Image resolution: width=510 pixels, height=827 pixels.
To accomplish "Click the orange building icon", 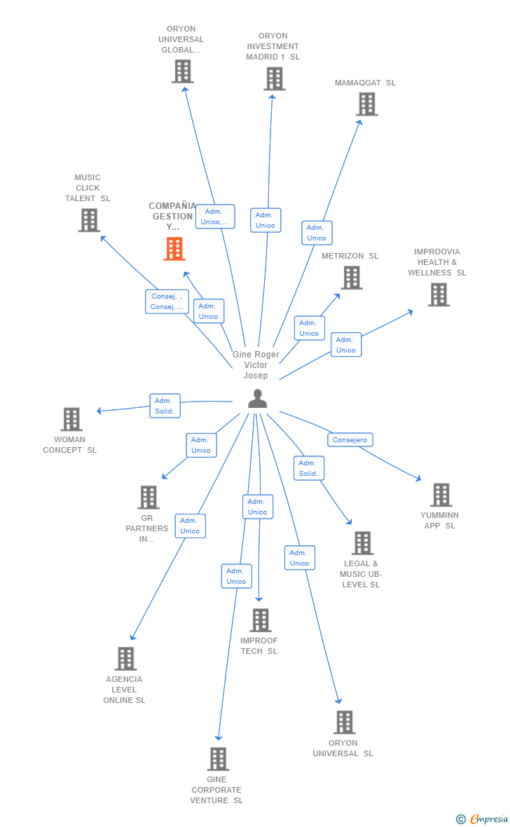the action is coord(174,248).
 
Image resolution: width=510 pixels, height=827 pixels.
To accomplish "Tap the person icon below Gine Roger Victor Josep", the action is coord(257,399).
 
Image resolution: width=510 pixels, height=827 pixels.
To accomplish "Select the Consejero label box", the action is coord(350,440).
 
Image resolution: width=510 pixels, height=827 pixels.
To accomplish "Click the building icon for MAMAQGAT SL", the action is coord(367,104).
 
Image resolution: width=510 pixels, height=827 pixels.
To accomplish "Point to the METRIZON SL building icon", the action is coord(352,278).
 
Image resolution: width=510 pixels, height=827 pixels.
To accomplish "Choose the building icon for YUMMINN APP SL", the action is coord(441,495).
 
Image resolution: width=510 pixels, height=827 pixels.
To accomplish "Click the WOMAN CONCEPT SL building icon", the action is coord(71,419).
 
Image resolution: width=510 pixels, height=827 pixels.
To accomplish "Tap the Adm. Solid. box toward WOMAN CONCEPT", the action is coord(165,406).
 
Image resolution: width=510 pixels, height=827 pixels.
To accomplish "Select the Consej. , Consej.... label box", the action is coord(167,301).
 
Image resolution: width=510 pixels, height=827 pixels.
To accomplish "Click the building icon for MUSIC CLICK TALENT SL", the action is coord(89,220).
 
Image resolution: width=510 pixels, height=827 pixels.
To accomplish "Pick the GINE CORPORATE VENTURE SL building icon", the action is coord(218,759).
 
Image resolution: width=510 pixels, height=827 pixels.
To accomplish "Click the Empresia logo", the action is coord(483,819).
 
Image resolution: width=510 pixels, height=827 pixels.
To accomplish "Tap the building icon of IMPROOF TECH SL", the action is coord(261,620).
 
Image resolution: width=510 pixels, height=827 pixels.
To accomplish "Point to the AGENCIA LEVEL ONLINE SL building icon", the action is coord(126,659).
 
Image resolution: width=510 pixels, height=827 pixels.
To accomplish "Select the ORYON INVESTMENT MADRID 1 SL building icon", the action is coord(274,78).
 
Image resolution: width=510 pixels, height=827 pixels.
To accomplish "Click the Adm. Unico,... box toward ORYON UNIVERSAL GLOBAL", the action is coord(215,217).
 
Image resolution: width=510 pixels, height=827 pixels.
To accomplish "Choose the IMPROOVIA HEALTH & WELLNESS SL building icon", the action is coord(439,294).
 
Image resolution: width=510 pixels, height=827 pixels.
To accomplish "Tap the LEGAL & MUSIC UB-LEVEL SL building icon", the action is coord(363,543).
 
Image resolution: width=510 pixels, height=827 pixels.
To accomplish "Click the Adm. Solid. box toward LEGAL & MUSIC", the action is coord(308,468).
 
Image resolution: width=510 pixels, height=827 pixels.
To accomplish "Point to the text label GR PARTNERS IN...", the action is coord(147,528).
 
